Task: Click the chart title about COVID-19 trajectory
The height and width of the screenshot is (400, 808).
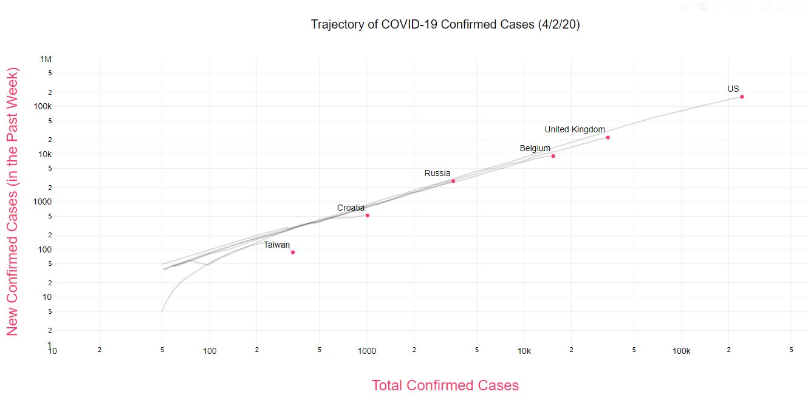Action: click(445, 24)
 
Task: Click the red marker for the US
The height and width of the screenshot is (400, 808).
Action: click(742, 97)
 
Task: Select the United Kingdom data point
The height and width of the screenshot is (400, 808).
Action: click(608, 137)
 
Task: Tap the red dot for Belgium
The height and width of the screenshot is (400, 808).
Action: click(553, 156)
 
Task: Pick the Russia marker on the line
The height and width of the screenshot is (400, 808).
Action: click(453, 181)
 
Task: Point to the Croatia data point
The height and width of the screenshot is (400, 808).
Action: click(368, 215)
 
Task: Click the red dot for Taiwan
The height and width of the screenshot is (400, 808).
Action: click(293, 252)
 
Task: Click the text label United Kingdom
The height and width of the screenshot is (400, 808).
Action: click(575, 129)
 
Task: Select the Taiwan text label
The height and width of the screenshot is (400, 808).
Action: click(276, 245)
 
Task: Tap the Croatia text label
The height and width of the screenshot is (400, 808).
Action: click(351, 208)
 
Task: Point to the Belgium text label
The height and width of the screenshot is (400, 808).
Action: click(535, 148)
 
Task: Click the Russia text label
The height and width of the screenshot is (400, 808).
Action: click(437, 173)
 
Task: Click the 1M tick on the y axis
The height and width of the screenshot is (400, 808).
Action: click(46, 59)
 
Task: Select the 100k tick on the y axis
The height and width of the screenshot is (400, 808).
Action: click(43, 106)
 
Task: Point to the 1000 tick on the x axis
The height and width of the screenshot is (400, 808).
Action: click(367, 351)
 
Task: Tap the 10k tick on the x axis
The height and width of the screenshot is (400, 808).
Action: click(524, 351)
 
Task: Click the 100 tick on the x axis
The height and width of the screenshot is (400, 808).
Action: click(210, 351)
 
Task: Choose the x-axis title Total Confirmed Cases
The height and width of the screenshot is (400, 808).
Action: click(445, 385)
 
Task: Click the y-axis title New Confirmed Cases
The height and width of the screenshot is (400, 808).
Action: click(13, 202)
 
